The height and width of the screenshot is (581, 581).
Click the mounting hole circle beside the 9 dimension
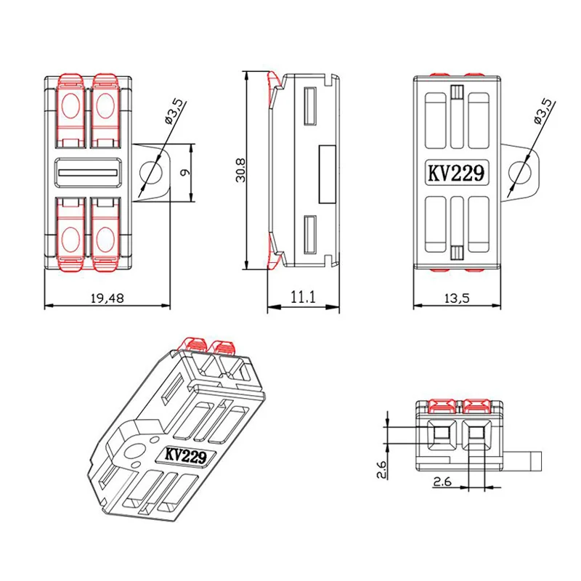click(x=153, y=173)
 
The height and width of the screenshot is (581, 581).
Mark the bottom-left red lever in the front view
click(x=71, y=235)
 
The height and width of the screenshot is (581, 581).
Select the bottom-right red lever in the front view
click(x=105, y=235)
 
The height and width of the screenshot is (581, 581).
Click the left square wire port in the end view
click(x=439, y=435)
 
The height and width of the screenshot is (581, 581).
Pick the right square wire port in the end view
click(x=476, y=435)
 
